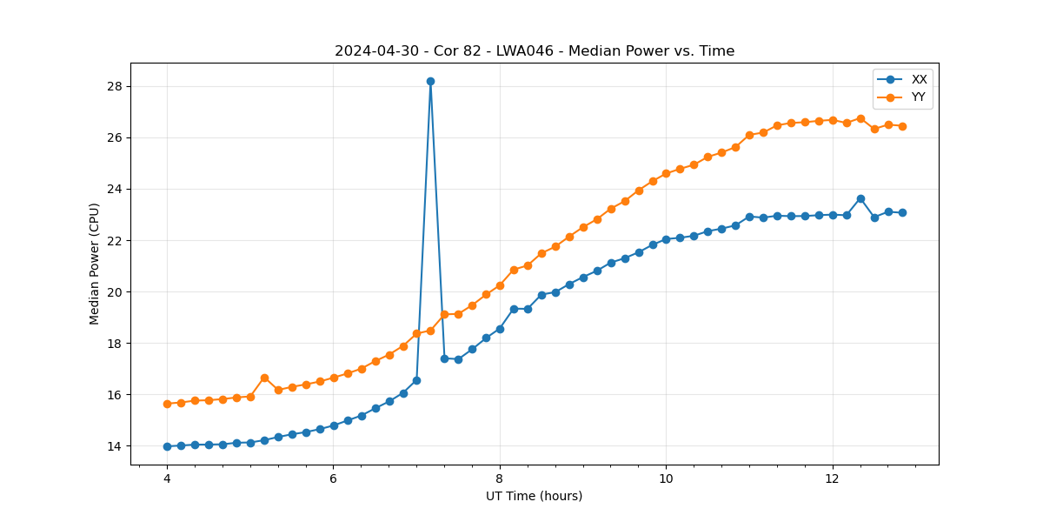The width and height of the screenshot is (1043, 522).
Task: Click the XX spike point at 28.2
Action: (430, 81)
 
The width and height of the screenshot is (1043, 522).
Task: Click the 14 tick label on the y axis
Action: (115, 446)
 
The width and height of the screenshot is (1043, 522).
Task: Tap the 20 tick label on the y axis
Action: (115, 292)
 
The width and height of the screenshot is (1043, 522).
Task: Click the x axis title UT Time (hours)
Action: (534, 496)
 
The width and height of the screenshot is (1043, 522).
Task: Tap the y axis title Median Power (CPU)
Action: (95, 264)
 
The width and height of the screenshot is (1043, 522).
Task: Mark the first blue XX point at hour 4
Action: (167, 446)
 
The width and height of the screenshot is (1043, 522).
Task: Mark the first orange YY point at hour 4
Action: (167, 404)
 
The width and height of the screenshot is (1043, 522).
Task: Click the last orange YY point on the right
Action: (902, 126)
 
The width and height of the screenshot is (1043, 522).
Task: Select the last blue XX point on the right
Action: (902, 212)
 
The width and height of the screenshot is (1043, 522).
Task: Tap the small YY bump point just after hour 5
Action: (264, 378)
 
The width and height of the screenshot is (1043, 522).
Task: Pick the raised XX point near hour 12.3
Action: (860, 198)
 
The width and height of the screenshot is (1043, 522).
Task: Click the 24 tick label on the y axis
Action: (115, 189)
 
